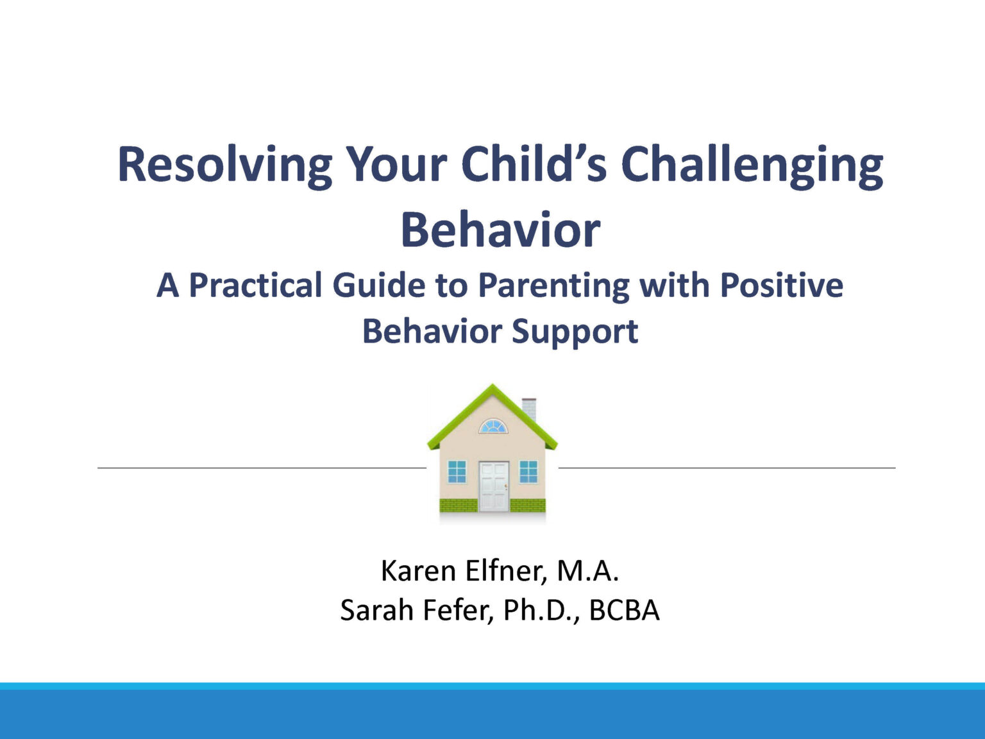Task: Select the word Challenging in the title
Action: click(752, 165)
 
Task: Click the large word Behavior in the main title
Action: click(500, 230)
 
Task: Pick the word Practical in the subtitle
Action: click(255, 285)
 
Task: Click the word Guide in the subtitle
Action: click(378, 285)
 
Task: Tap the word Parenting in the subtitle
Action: click(553, 285)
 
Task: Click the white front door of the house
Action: click(493, 486)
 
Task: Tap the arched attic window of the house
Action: click(493, 427)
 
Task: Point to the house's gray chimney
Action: click(529, 408)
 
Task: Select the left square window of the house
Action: click(457, 471)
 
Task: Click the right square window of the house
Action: click(528, 471)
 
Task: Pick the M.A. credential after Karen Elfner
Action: click(587, 570)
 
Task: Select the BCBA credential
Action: click(624, 610)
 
